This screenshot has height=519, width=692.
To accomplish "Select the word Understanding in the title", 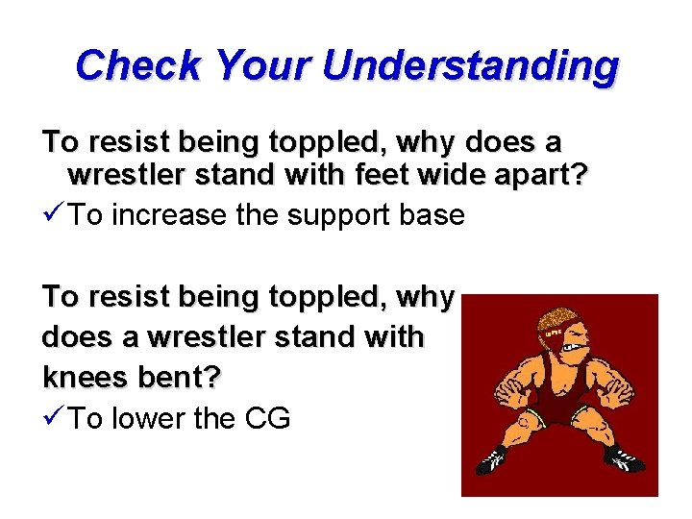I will [470, 66].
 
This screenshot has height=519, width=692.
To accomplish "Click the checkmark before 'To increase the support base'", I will [54, 214].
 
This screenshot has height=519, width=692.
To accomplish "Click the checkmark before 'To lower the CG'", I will [54, 418].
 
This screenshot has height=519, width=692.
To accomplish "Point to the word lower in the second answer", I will [153, 419].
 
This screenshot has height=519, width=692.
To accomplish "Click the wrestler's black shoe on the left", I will [493, 459].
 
